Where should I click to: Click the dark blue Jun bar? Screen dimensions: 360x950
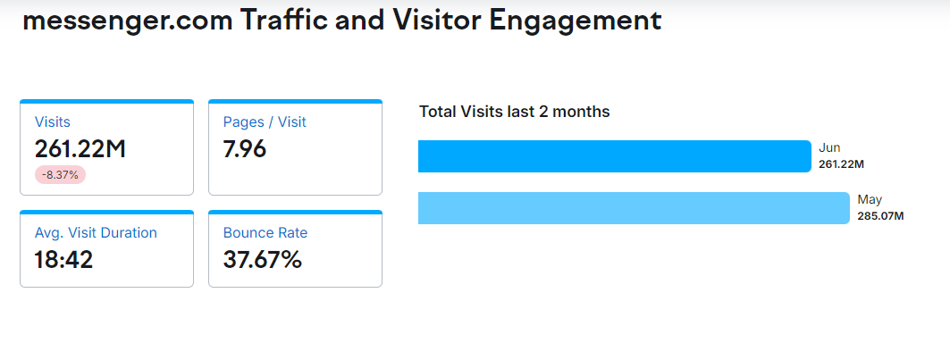pyautogui.click(x=614, y=156)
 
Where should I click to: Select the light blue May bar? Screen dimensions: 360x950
pyautogui.click(x=634, y=208)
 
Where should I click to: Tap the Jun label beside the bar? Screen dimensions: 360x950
pyautogui.click(x=829, y=148)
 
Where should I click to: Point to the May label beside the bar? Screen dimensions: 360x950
pyautogui.click(x=870, y=200)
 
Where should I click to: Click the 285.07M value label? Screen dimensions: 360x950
pyautogui.click(x=880, y=216)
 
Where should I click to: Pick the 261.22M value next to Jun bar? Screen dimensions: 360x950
pyautogui.click(x=841, y=164)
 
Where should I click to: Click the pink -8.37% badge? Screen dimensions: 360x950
pyautogui.click(x=60, y=175)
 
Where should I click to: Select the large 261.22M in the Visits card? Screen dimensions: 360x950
pyautogui.click(x=80, y=149)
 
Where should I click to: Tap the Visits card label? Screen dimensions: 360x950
pyautogui.click(x=53, y=122)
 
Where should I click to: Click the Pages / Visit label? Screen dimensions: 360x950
pyautogui.click(x=265, y=122)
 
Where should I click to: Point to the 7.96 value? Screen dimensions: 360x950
pyautogui.click(x=245, y=149)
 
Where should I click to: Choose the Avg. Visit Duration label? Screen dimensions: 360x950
pyautogui.click(x=96, y=233)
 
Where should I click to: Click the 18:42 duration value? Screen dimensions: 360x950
pyautogui.click(x=64, y=260)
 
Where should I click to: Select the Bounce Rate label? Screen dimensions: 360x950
pyautogui.click(x=265, y=233)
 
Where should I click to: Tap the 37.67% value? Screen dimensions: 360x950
pyautogui.click(x=263, y=260)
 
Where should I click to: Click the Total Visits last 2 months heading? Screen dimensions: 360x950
pyautogui.click(x=515, y=112)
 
